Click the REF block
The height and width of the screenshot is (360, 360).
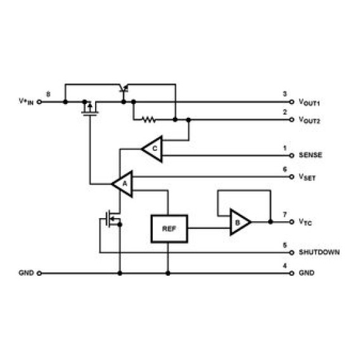pos(169,229)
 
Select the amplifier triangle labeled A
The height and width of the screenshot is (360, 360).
pos(122,184)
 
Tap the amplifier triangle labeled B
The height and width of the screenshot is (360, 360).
pos(240,222)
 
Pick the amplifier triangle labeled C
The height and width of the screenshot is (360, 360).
pos(153,149)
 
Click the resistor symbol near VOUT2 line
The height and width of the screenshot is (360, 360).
pos(149,119)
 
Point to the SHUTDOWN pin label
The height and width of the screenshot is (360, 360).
pos(319,252)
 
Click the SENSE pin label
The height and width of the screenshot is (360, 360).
pos(310,155)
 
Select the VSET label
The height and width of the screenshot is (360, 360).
pos(307,177)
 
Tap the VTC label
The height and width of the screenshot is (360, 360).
pos(305,222)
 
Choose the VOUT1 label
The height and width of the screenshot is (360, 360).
pos(309,102)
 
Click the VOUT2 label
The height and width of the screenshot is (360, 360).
pos(309,120)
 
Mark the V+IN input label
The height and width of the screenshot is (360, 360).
pos(26,101)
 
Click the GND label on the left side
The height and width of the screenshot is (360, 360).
pos(26,273)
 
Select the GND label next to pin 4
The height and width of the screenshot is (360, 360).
pos(306,273)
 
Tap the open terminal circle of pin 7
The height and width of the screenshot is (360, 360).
pos(292,222)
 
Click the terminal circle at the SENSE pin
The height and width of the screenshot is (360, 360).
pos(292,156)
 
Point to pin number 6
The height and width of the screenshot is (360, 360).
pos(285,169)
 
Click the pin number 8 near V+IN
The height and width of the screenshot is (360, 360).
pos(48,94)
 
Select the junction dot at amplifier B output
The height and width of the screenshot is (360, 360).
pos(271,222)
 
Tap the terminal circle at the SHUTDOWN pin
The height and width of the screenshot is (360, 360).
pos(292,252)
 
